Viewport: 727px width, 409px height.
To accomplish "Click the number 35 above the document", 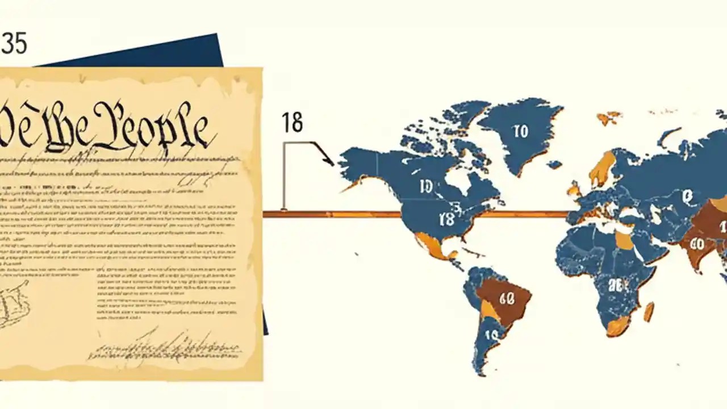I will click(14, 44).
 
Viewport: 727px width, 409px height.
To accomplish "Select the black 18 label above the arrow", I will click(293, 123).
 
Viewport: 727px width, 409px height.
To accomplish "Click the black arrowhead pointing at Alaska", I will click(329, 160).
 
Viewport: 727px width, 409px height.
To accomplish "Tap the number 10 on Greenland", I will click(520, 132).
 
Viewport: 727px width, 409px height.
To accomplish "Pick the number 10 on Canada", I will click(426, 186).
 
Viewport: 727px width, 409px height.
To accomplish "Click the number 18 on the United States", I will click(447, 219).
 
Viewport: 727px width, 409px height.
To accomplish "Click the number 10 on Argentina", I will click(491, 335).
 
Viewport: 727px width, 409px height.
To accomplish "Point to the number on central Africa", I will click(616, 285).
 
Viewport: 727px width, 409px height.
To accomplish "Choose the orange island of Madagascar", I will click(649, 311).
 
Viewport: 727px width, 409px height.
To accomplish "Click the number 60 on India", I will click(696, 244).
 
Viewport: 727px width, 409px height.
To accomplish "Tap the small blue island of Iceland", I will click(554, 165).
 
